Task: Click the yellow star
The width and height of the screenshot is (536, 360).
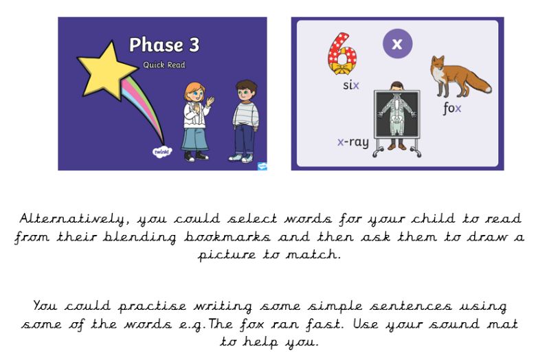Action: [107, 71]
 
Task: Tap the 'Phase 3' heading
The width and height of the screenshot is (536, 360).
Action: [164, 45]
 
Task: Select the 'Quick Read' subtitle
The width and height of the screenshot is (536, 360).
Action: [164, 65]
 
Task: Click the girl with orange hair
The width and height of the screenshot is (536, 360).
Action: [197, 122]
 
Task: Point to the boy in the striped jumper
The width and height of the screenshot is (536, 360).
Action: [245, 121]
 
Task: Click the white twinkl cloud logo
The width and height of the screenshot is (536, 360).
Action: [161, 151]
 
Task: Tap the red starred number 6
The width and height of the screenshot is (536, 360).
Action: [342, 54]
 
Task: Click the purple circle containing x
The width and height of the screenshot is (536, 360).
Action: [397, 44]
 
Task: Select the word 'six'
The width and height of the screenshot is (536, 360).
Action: [351, 85]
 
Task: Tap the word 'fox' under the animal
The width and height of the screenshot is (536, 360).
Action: [452, 109]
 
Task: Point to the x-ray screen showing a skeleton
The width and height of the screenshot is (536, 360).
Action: [397, 115]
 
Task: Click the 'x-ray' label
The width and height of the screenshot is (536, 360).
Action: [353, 142]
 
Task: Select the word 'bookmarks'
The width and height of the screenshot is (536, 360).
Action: [227, 236]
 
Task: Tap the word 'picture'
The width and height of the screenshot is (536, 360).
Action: [227, 255]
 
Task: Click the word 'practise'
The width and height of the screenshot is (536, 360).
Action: [153, 306]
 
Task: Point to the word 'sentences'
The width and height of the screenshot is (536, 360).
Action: [410, 306]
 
